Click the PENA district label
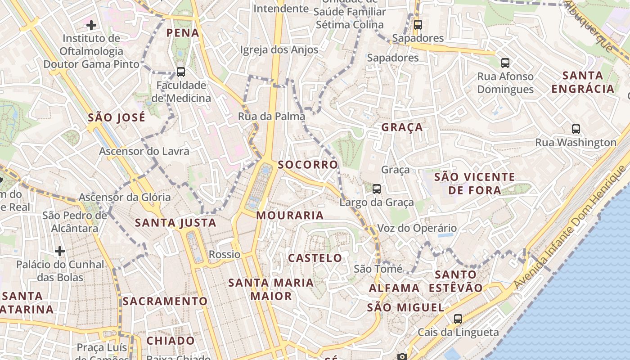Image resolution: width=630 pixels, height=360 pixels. (x=183, y=33)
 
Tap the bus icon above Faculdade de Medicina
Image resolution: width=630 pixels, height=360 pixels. (x=181, y=72)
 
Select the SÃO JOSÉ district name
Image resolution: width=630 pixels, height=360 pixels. (x=117, y=118)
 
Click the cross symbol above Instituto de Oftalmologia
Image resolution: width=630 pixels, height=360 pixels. (x=91, y=25)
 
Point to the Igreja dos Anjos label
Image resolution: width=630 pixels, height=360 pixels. (x=279, y=50)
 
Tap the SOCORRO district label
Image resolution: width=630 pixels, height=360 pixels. (x=308, y=165)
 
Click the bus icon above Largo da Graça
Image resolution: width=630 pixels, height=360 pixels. (x=377, y=189)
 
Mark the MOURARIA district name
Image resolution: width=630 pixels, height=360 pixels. (x=290, y=216)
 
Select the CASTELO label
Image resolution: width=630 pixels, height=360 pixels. (x=315, y=258)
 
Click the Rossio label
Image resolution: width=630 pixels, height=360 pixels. (x=225, y=254)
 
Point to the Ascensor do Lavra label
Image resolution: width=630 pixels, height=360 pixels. (x=144, y=151)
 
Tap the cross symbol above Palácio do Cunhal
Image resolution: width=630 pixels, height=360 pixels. (x=60, y=251)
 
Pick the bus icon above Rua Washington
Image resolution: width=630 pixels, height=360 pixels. (x=576, y=129)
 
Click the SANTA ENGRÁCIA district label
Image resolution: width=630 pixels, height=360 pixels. (x=583, y=82)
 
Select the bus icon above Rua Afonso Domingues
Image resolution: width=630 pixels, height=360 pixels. (x=505, y=63)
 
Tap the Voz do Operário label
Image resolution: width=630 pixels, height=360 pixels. (x=417, y=228)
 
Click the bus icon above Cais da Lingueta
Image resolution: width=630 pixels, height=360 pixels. (x=458, y=319)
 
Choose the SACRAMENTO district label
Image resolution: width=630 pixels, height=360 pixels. (x=165, y=301)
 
